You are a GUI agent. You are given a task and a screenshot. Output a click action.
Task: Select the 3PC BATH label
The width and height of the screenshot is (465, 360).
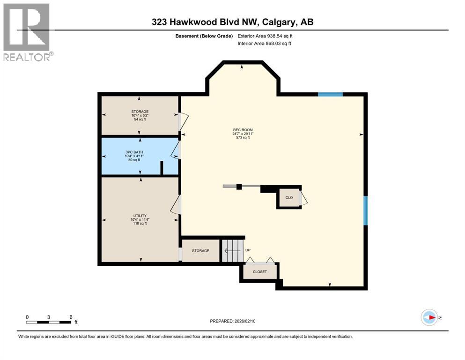click(x=140, y=152)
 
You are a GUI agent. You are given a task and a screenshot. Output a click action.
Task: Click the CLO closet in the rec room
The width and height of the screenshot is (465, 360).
click(x=289, y=197)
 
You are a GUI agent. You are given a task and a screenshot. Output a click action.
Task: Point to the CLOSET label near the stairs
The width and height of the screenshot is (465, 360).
click(x=259, y=272)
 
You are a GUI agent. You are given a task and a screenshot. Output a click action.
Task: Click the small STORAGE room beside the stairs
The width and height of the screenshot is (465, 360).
click(x=200, y=251)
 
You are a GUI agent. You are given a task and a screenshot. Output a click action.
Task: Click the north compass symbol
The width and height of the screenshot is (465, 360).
click(x=429, y=318)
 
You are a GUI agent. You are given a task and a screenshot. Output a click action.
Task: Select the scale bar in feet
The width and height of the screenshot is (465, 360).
click(x=49, y=322)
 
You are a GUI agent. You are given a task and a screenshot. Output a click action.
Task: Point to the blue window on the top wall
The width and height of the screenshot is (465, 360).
click(x=330, y=94)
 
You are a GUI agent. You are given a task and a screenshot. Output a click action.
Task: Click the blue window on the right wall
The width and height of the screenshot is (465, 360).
click(x=366, y=210)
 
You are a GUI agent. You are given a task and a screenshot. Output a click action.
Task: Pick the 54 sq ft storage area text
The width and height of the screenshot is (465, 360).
click(x=140, y=120)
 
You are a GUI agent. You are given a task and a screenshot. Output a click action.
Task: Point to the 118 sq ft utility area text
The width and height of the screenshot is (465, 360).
click(x=140, y=224)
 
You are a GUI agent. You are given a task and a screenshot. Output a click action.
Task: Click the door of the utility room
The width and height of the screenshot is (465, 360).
click(x=176, y=205)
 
